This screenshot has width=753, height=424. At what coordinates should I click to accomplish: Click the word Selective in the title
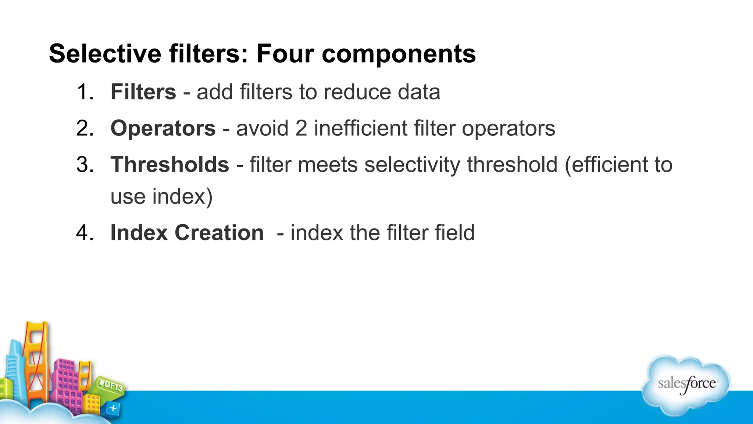pos(105,54)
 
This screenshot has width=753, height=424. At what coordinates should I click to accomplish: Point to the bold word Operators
pos(163,128)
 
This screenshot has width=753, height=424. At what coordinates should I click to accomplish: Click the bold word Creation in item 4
pos(219,233)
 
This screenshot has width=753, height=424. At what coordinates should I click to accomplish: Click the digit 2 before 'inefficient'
pos(301,128)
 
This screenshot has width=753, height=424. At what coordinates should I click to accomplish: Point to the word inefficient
pos(360,128)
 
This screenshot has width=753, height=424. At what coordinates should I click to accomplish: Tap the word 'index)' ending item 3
pos(182,196)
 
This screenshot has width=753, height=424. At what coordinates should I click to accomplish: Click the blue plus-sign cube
pos(113,409)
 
